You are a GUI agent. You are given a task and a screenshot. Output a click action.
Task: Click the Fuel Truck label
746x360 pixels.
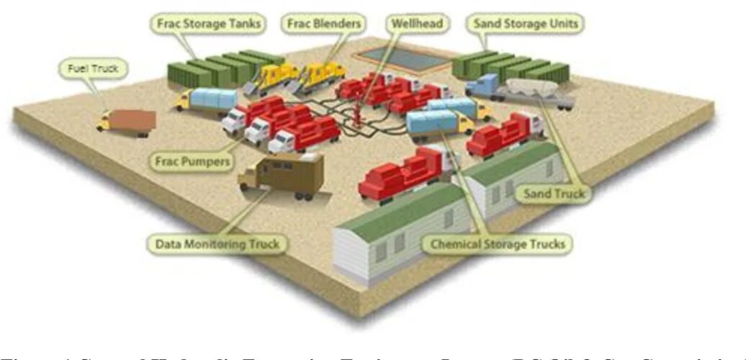pos(92,69)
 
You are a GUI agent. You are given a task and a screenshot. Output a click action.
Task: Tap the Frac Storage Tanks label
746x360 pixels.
pos(208,23)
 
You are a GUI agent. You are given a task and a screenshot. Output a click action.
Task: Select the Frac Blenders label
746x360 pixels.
pos(325,23)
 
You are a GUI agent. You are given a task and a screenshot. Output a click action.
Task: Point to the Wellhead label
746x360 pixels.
pos(418,23)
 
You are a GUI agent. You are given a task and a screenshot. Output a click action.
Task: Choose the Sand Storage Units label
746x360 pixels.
pos(526,23)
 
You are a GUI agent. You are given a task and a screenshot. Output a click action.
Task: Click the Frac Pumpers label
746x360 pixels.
pos(192,161)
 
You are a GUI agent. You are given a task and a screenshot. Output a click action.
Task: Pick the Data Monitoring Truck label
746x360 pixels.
pos(217,243)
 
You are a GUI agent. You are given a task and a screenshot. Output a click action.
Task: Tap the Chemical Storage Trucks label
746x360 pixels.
pos(498,244)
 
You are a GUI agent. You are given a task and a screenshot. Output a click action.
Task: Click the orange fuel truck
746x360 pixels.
pos(130,121)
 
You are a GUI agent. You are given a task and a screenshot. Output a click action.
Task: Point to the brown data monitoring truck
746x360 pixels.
pos(284,173)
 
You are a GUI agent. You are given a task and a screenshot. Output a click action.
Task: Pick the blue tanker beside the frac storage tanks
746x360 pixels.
pos(212,99)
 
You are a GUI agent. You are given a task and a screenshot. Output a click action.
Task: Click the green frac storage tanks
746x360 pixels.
pos(216,68)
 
